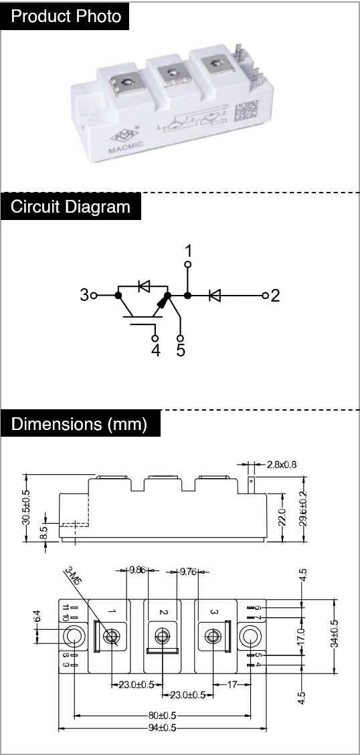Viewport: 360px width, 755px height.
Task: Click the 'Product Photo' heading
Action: coord(66,16)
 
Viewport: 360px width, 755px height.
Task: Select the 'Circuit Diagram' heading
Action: coord(70,207)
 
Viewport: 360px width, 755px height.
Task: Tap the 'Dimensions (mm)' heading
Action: coord(79,424)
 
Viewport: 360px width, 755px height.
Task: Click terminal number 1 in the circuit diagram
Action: coord(189,251)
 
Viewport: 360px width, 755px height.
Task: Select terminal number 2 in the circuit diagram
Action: coord(275,295)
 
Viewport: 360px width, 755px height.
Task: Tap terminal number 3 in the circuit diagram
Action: coord(84,295)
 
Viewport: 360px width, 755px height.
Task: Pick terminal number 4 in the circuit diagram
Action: coord(156,350)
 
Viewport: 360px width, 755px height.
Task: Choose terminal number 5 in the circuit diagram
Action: coord(181,350)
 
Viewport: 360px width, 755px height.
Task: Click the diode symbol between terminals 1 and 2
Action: coord(215,295)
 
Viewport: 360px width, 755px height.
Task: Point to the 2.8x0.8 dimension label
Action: coord(282,465)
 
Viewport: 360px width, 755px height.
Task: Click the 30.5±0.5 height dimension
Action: coord(26,507)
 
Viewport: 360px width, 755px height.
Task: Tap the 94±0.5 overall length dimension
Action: coord(162,728)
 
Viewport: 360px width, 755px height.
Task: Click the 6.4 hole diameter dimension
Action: coord(37,616)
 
